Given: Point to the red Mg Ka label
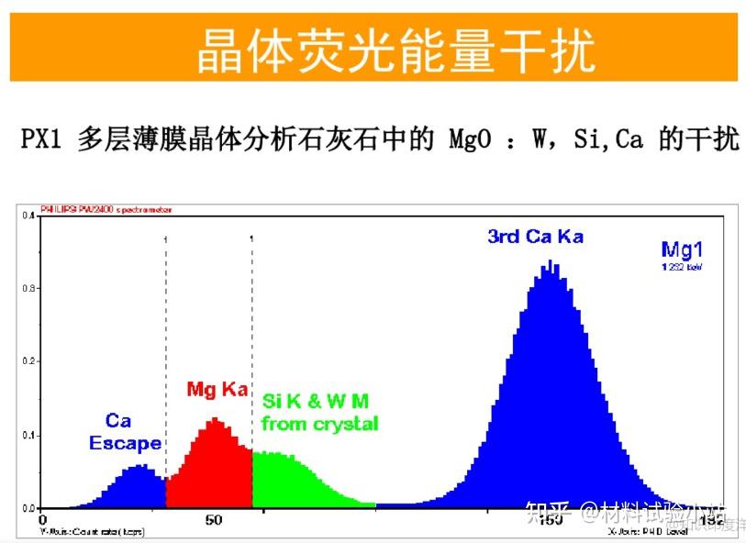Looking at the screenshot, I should tap(217, 389).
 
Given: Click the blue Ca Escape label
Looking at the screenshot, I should tap(124, 432).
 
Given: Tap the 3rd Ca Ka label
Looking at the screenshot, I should tap(535, 236).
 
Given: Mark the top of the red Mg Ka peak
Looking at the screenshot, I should tap(214, 419).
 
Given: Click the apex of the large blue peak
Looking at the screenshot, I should tap(550, 262).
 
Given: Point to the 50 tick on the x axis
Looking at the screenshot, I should tap(213, 520).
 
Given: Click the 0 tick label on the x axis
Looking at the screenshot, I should tap(42, 520).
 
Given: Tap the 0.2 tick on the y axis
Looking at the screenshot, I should tap(30, 361).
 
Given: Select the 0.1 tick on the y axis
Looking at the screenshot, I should tap(30, 435).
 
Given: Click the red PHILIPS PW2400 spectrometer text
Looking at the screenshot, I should tap(106, 210).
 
